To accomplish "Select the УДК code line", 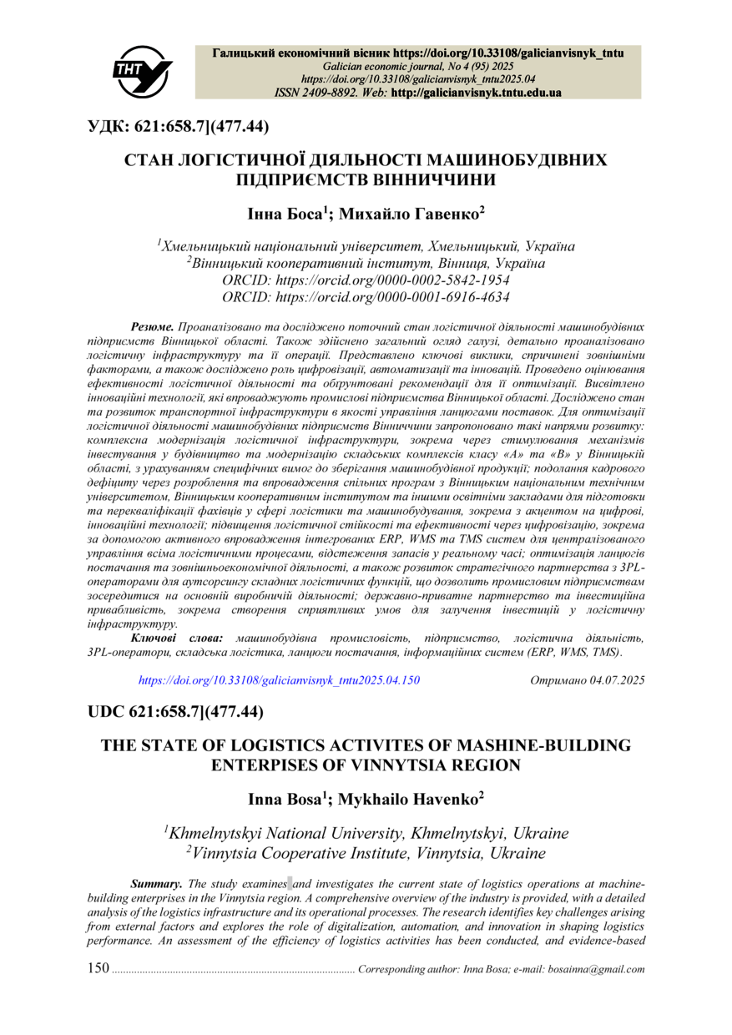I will tap(179, 127).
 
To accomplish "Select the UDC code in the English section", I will tap(176, 712).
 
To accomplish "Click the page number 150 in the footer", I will tap(98, 970).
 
